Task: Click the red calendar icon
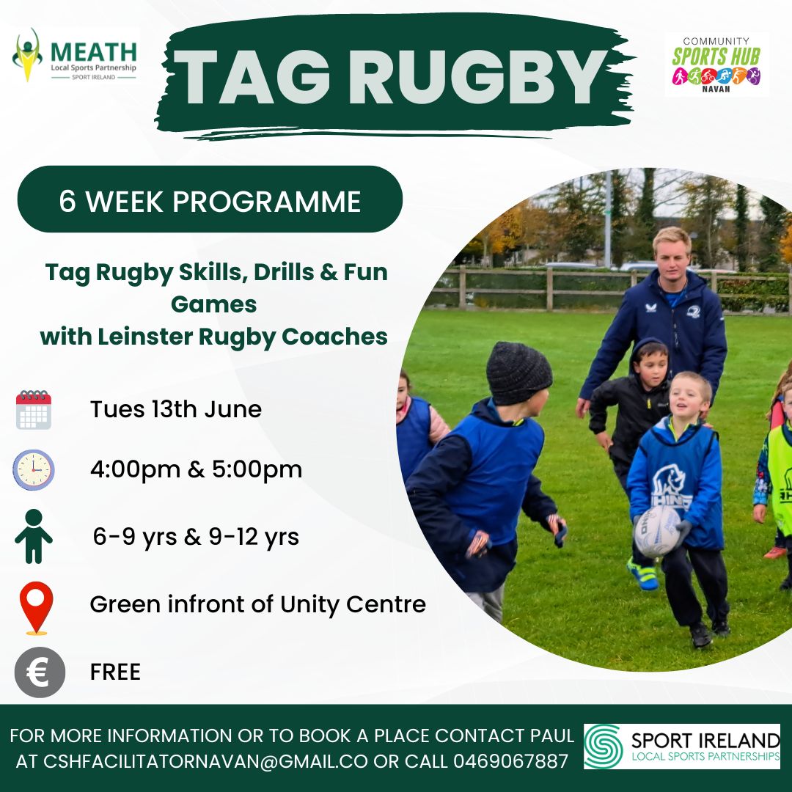33,410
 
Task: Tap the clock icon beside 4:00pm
33,470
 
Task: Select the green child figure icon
33,536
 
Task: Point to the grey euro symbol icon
40,672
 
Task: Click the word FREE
115,672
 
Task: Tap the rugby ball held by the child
656,531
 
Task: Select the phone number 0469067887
511,760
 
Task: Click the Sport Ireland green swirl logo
603,747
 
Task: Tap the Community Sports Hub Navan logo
716,65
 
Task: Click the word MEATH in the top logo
94,52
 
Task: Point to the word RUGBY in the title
477,77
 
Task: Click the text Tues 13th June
176,409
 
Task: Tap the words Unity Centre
353,604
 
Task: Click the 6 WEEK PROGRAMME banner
210,199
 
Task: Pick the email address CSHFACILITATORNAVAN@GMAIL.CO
205,760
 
